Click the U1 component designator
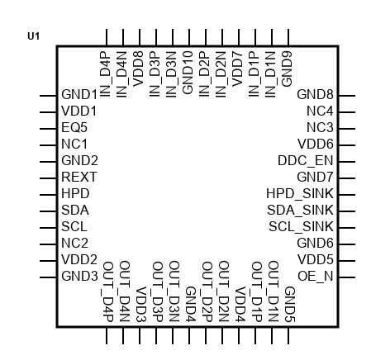pos(34,36)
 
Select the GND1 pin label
pos(79,94)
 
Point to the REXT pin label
pos(79,177)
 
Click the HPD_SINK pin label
pos(300,193)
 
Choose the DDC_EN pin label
pos(306,160)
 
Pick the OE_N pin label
pos(316,276)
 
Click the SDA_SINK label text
pos(300,210)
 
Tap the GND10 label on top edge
pos(188,73)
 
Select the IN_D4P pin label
pos(106,74)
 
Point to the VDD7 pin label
pos(238,69)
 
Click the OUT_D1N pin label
pos(273,291)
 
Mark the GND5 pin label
pos(290,305)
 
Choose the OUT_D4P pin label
pos(108,291)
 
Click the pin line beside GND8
pos(347,96)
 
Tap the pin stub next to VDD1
pos(48,112)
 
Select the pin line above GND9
pos(288,37)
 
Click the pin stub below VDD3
pos(140,335)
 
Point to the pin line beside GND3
pos(48,277)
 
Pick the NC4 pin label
pos(320,111)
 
